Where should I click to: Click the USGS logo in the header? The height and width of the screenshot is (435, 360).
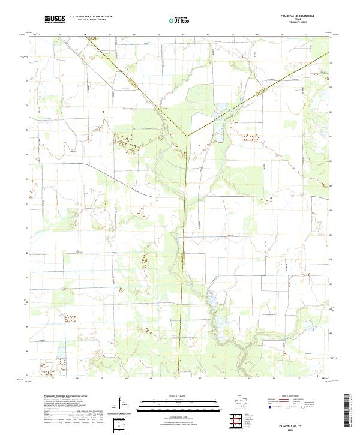click(55, 20)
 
